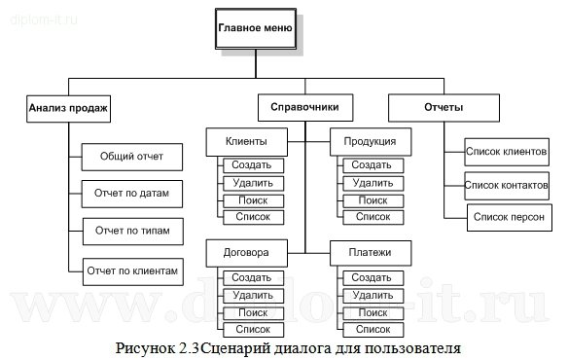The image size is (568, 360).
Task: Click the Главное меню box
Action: tap(256, 28)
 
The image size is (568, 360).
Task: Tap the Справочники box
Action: tap(305, 107)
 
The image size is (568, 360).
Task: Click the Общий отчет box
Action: tap(131, 156)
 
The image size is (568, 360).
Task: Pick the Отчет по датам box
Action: tap(131, 194)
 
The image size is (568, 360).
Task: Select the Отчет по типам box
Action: tap(131, 232)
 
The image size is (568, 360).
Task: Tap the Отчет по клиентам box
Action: tap(131, 270)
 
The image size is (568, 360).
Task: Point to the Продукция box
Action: tap(369, 143)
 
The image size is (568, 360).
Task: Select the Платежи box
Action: tap(369, 253)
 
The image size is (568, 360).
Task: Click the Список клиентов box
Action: tap(506, 152)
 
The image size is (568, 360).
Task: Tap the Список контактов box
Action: tap(506, 184)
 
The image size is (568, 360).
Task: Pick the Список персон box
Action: tap(508, 216)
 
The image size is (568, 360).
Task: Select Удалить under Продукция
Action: tap(372, 183)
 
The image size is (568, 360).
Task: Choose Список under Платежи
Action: tap(372, 330)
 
